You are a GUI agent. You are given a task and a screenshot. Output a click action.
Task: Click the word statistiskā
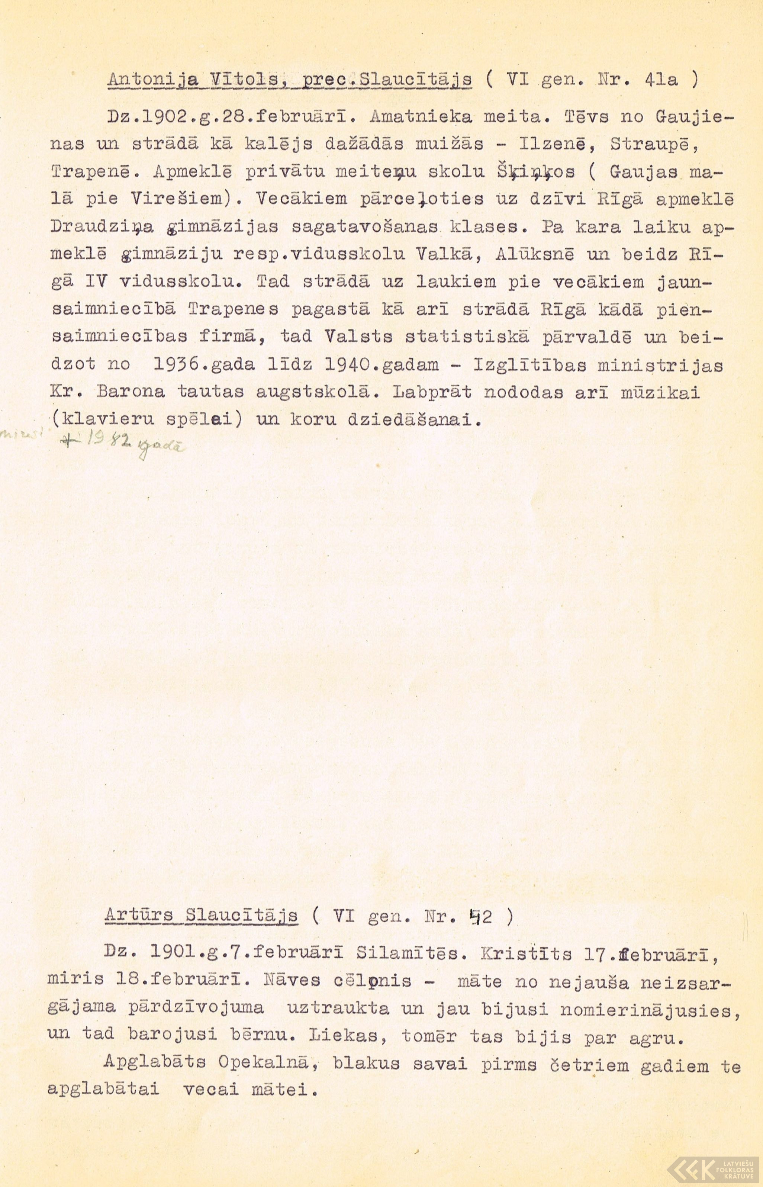point(467,337)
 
